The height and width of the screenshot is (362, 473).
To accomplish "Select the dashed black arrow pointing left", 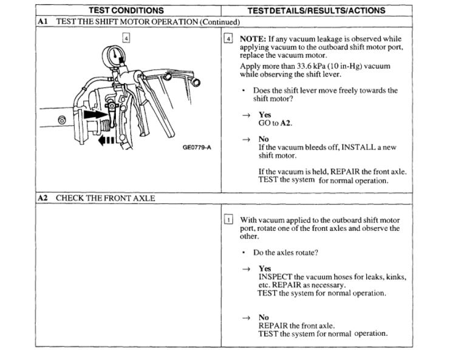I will [106, 140].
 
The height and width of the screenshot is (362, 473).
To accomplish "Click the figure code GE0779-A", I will [197, 147].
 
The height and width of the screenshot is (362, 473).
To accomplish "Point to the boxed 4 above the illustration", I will [126, 38].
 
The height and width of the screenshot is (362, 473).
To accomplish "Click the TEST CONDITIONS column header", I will [126, 10].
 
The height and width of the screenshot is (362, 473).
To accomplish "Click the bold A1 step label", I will [43, 21].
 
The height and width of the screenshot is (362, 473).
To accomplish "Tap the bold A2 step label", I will [43, 198].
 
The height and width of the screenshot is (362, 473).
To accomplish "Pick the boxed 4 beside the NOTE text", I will [228, 38].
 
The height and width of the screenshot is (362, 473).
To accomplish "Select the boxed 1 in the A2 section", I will [228, 220].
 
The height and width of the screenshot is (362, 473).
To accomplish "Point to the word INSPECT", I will [276, 277].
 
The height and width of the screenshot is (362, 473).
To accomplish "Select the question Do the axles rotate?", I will [285, 253].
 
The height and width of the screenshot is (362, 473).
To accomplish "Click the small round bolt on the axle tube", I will [61, 120].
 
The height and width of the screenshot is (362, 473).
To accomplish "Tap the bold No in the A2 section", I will [264, 317].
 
